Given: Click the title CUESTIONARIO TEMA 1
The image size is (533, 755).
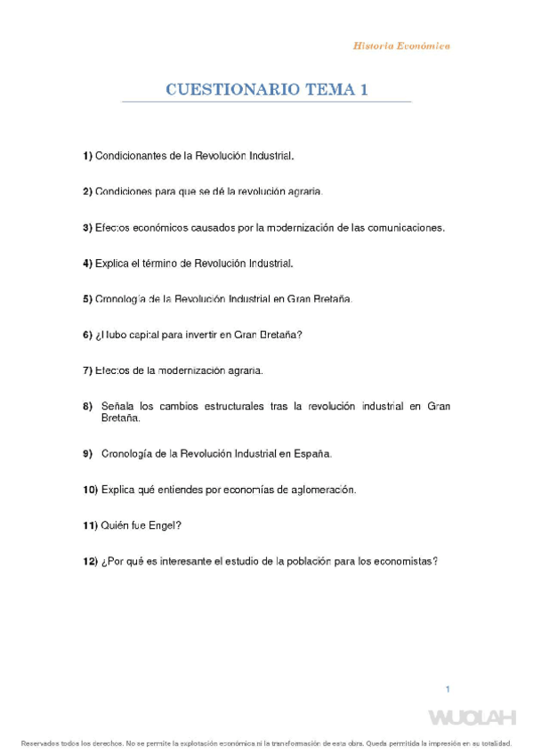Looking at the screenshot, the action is click(x=266, y=90).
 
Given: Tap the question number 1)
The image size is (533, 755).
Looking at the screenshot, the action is click(x=87, y=156).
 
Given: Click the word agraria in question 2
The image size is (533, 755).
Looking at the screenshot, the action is click(x=302, y=191).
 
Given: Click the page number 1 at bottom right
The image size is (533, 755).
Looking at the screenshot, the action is click(x=448, y=689).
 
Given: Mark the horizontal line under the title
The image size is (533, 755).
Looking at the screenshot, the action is click(x=266, y=103).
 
